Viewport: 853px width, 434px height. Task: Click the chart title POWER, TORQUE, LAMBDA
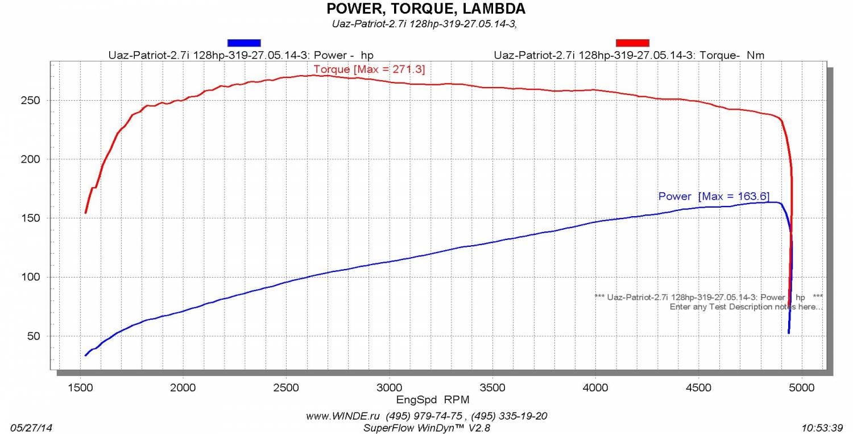tap(425, 9)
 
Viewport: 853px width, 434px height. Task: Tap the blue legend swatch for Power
tap(244, 43)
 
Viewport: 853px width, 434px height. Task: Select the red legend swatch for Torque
tap(632, 43)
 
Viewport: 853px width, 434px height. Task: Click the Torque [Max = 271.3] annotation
tap(369, 69)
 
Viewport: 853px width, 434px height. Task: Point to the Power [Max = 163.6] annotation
tap(714, 196)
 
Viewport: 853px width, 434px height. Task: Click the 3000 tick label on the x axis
tap(390, 387)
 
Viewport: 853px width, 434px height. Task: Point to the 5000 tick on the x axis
tap(802, 387)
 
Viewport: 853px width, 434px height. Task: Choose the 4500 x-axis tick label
tap(699, 387)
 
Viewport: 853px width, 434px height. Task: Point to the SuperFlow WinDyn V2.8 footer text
tap(426, 427)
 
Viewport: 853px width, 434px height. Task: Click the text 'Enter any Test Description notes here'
tap(746, 307)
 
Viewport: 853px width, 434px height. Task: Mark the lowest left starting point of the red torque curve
tap(86, 213)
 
